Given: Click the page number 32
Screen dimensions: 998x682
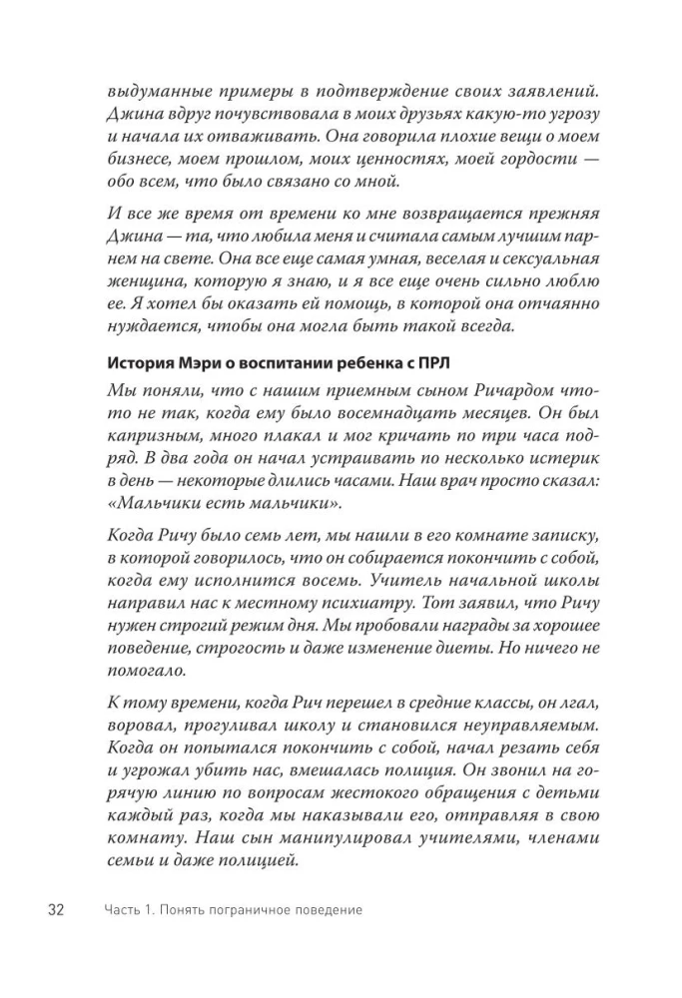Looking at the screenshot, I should pyautogui.click(x=52, y=910).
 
